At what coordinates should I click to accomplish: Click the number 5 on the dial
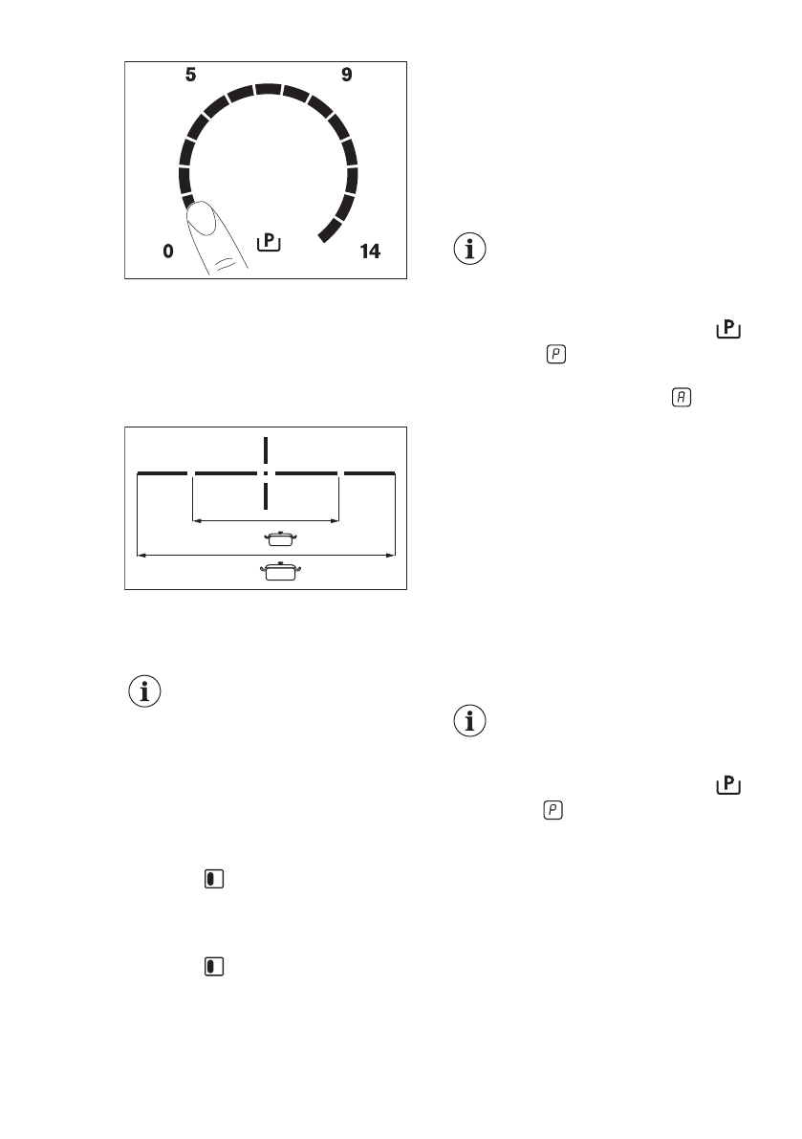[x=191, y=75]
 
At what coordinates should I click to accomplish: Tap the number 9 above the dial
[x=347, y=75]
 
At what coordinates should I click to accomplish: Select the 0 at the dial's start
[x=168, y=252]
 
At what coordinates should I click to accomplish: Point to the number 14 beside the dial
[x=369, y=252]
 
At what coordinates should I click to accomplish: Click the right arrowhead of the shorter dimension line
[x=336, y=521]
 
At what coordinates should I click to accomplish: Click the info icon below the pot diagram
[x=145, y=692]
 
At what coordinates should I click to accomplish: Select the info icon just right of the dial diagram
[x=469, y=251]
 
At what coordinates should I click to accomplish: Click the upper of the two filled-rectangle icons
[x=213, y=879]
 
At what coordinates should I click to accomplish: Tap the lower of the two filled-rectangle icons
[x=213, y=967]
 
